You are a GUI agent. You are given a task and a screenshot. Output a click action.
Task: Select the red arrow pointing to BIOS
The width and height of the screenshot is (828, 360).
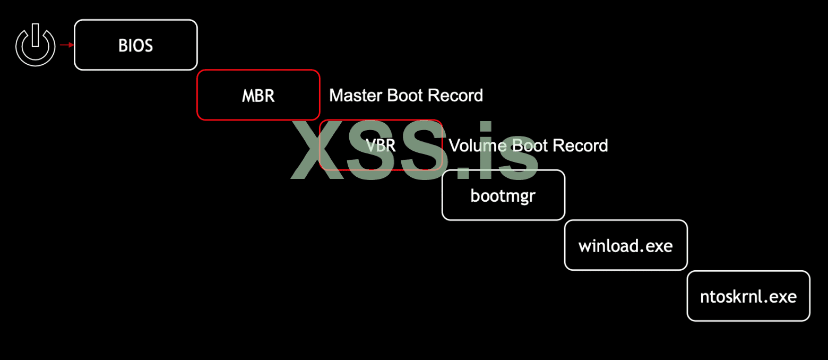(x=66, y=45)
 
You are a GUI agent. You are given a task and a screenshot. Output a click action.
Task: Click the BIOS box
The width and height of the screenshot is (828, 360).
(x=135, y=45)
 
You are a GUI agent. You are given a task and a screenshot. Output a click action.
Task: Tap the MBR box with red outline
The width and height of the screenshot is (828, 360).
(x=258, y=95)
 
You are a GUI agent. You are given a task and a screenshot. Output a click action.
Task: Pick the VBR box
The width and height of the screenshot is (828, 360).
(x=381, y=145)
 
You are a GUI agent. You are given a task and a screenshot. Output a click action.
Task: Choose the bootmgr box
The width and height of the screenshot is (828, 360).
(x=503, y=195)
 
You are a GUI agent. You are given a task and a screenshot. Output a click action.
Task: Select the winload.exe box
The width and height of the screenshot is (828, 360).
(x=626, y=245)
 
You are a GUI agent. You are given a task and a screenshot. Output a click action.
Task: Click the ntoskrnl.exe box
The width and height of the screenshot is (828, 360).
(x=748, y=296)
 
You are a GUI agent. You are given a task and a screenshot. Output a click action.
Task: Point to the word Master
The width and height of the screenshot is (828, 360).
(x=356, y=96)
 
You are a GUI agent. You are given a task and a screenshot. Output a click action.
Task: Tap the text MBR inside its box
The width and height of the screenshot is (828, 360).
(x=258, y=96)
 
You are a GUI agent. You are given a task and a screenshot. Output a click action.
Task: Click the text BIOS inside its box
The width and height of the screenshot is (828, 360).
(x=135, y=46)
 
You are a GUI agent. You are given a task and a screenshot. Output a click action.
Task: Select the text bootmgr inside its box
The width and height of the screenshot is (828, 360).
(x=503, y=196)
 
